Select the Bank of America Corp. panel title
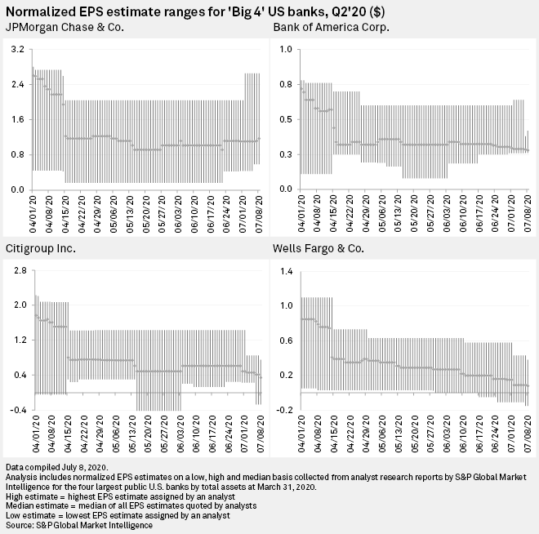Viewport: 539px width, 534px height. pyautogui.click(x=330, y=28)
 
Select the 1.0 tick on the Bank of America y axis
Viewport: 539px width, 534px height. pyautogui.click(x=286, y=50)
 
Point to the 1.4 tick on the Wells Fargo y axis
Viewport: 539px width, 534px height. pyautogui.click(x=286, y=269)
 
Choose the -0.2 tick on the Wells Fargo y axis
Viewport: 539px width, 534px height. pyautogui.click(x=284, y=409)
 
